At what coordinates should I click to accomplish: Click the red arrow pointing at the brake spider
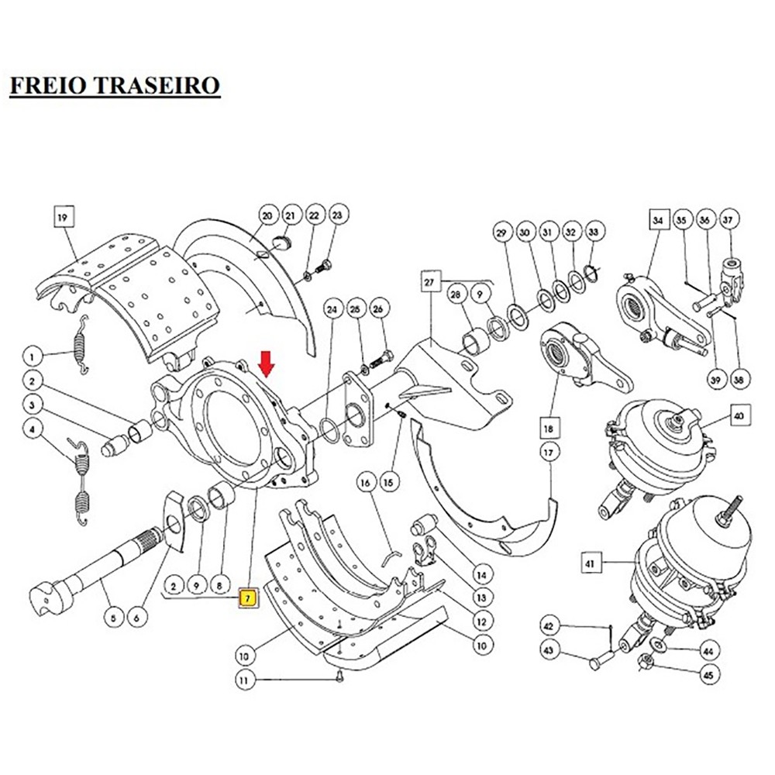[266, 363]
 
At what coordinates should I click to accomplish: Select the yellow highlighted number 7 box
[248, 598]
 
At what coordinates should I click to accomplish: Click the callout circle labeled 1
[33, 357]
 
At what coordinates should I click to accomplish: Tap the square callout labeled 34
[658, 221]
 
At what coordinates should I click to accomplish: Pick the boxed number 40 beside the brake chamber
[739, 417]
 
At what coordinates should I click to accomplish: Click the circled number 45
[707, 675]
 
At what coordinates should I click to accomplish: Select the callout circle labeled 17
[549, 451]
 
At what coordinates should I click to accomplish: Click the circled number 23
[336, 215]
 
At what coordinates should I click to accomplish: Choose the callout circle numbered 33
[594, 231]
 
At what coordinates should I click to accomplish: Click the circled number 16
[365, 482]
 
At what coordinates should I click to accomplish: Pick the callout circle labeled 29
[501, 232]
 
